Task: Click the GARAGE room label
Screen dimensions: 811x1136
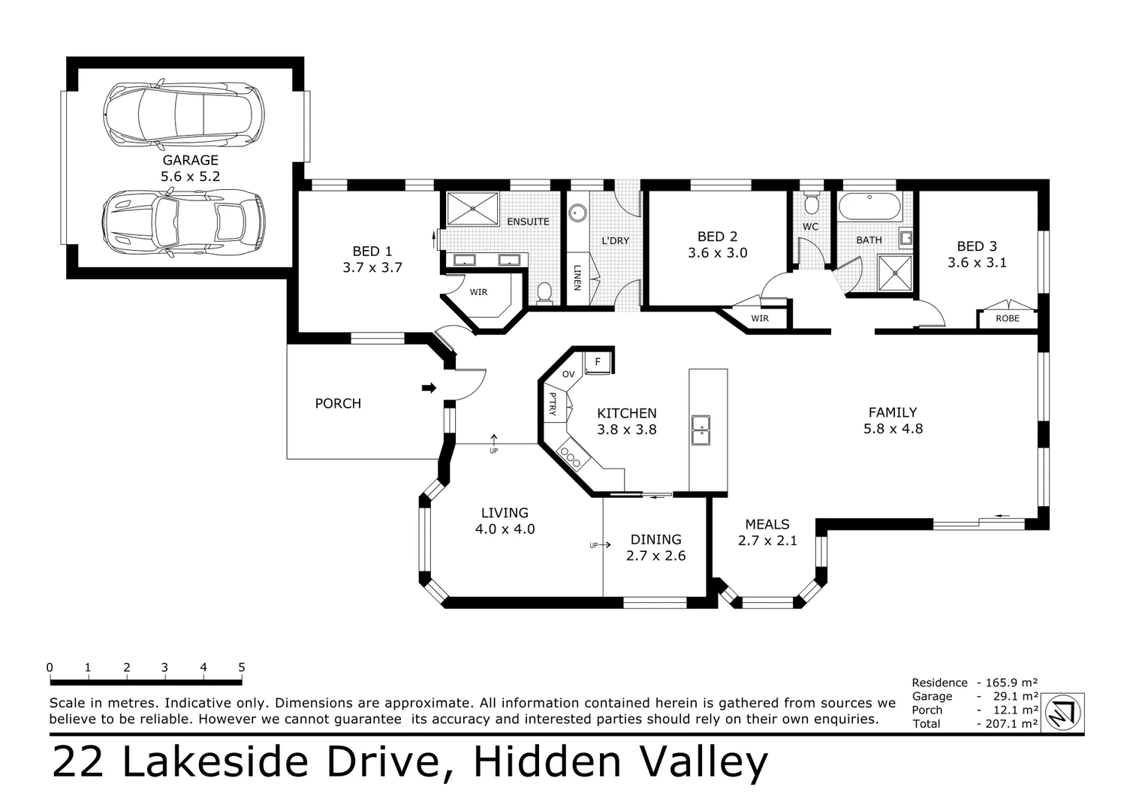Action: [x=190, y=160]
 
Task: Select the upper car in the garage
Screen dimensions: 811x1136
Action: [x=185, y=113]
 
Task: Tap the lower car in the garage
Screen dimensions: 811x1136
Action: [x=184, y=222]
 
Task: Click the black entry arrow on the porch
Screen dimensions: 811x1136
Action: [x=429, y=387]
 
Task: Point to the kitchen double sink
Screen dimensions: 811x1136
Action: [x=701, y=430]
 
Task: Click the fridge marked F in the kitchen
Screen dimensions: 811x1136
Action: [x=598, y=362]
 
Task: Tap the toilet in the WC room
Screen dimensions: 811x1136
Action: [x=811, y=204]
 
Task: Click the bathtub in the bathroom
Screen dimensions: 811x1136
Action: [x=869, y=207]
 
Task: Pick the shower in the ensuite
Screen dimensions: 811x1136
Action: [x=472, y=208]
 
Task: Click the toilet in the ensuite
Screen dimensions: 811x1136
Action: [x=545, y=292]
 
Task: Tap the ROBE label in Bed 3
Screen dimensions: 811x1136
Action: [x=1008, y=318]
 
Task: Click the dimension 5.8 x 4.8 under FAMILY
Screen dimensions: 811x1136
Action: [x=893, y=429]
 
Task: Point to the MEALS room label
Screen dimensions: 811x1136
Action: [x=767, y=524]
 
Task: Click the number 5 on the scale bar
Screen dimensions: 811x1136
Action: [x=242, y=667]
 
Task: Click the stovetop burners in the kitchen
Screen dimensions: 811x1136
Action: [x=570, y=455]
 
